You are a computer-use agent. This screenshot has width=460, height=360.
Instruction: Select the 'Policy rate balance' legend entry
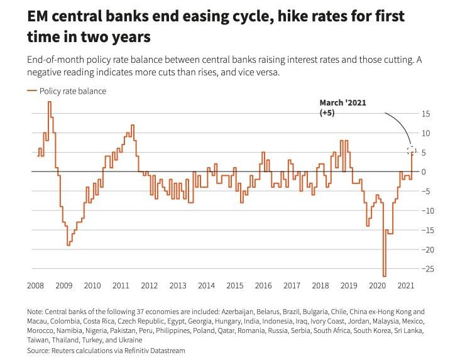tap(72, 91)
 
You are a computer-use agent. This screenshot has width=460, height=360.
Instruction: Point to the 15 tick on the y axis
tap(426, 114)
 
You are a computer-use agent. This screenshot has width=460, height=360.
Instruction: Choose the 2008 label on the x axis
tap(35, 286)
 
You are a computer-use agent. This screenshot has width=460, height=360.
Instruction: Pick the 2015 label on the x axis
tap(234, 286)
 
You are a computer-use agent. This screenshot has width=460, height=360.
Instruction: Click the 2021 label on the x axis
tap(405, 286)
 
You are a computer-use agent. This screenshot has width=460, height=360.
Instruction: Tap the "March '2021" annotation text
tap(342, 102)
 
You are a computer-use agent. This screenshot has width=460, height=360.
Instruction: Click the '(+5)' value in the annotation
tap(327, 112)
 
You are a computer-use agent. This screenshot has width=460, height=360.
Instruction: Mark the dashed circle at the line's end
tap(412, 151)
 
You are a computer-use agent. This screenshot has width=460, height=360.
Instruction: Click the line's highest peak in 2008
tap(50, 102)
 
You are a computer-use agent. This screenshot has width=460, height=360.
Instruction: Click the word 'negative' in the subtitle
tap(49, 72)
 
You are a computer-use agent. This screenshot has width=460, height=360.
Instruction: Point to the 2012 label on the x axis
tap(149, 286)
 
